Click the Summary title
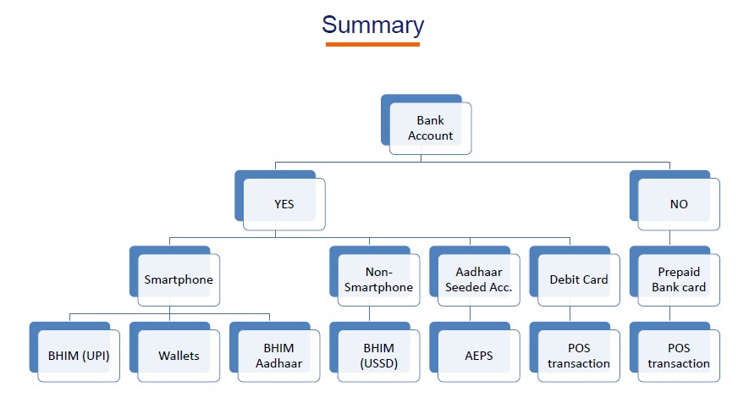(x=372, y=25)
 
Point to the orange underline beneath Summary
(x=372, y=44)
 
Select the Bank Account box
(x=426, y=124)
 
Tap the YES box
(x=280, y=201)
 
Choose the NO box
(x=675, y=201)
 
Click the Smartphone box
(x=174, y=276)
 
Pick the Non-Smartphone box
(x=374, y=276)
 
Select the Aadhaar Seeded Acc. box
(x=474, y=276)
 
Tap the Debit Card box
(x=575, y=276)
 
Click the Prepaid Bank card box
(x=675, y=276)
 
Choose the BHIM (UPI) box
(x=74, y=352)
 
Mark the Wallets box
(x=174, y=352)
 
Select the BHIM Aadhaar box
(x=275, y=352)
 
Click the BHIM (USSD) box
(x=374, y=352)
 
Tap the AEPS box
(x=474, y=352)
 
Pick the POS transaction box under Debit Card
(x=575, y=352)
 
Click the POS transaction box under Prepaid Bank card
(x=675, y=352)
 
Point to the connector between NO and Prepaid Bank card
(x=669, y=238)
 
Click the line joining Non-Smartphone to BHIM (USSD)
(x=369, y=314)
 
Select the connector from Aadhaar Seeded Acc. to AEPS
(x=470, y=314)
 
